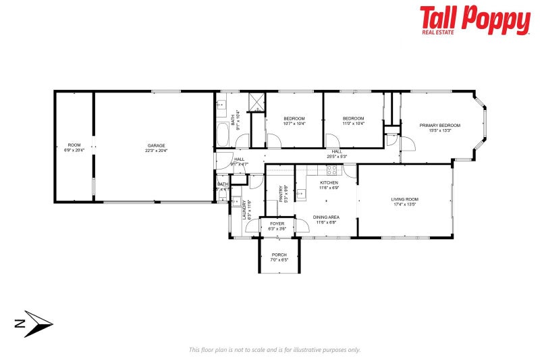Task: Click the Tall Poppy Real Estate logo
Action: pyautogui.click(x=475, y=20)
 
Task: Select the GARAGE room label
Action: pyautogui.click(x=157, y=145)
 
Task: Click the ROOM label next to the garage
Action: pyautogui.click(x=74, y=145)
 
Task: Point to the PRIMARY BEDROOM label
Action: pyautogui.click(x=439, y=126)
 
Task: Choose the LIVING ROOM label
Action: pyautogui.click(x=405, y=199)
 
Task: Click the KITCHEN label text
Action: pyautogui.click(x=329, y=183)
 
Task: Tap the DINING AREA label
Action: pyautogui.click(x=327, y=217)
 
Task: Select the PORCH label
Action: pyautogui.click(x=279, y=255)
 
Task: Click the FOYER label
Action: pyautogui.click(x=277, y=224)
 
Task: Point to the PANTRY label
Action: pyautogui.click(x=281, y=194)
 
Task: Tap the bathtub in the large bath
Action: pyautogui.click(x=223, y=135)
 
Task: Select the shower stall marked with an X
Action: pyautogui.click(x=257, y=102)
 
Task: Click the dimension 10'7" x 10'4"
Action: pyautogui.click(x=294, y=124)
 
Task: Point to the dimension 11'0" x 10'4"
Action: pyautogui.click(x=353, y=124)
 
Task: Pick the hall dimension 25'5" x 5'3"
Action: pyautogui.click(x=337, y=156)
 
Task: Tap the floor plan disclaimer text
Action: pyautogui.click(x=274, y=349)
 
